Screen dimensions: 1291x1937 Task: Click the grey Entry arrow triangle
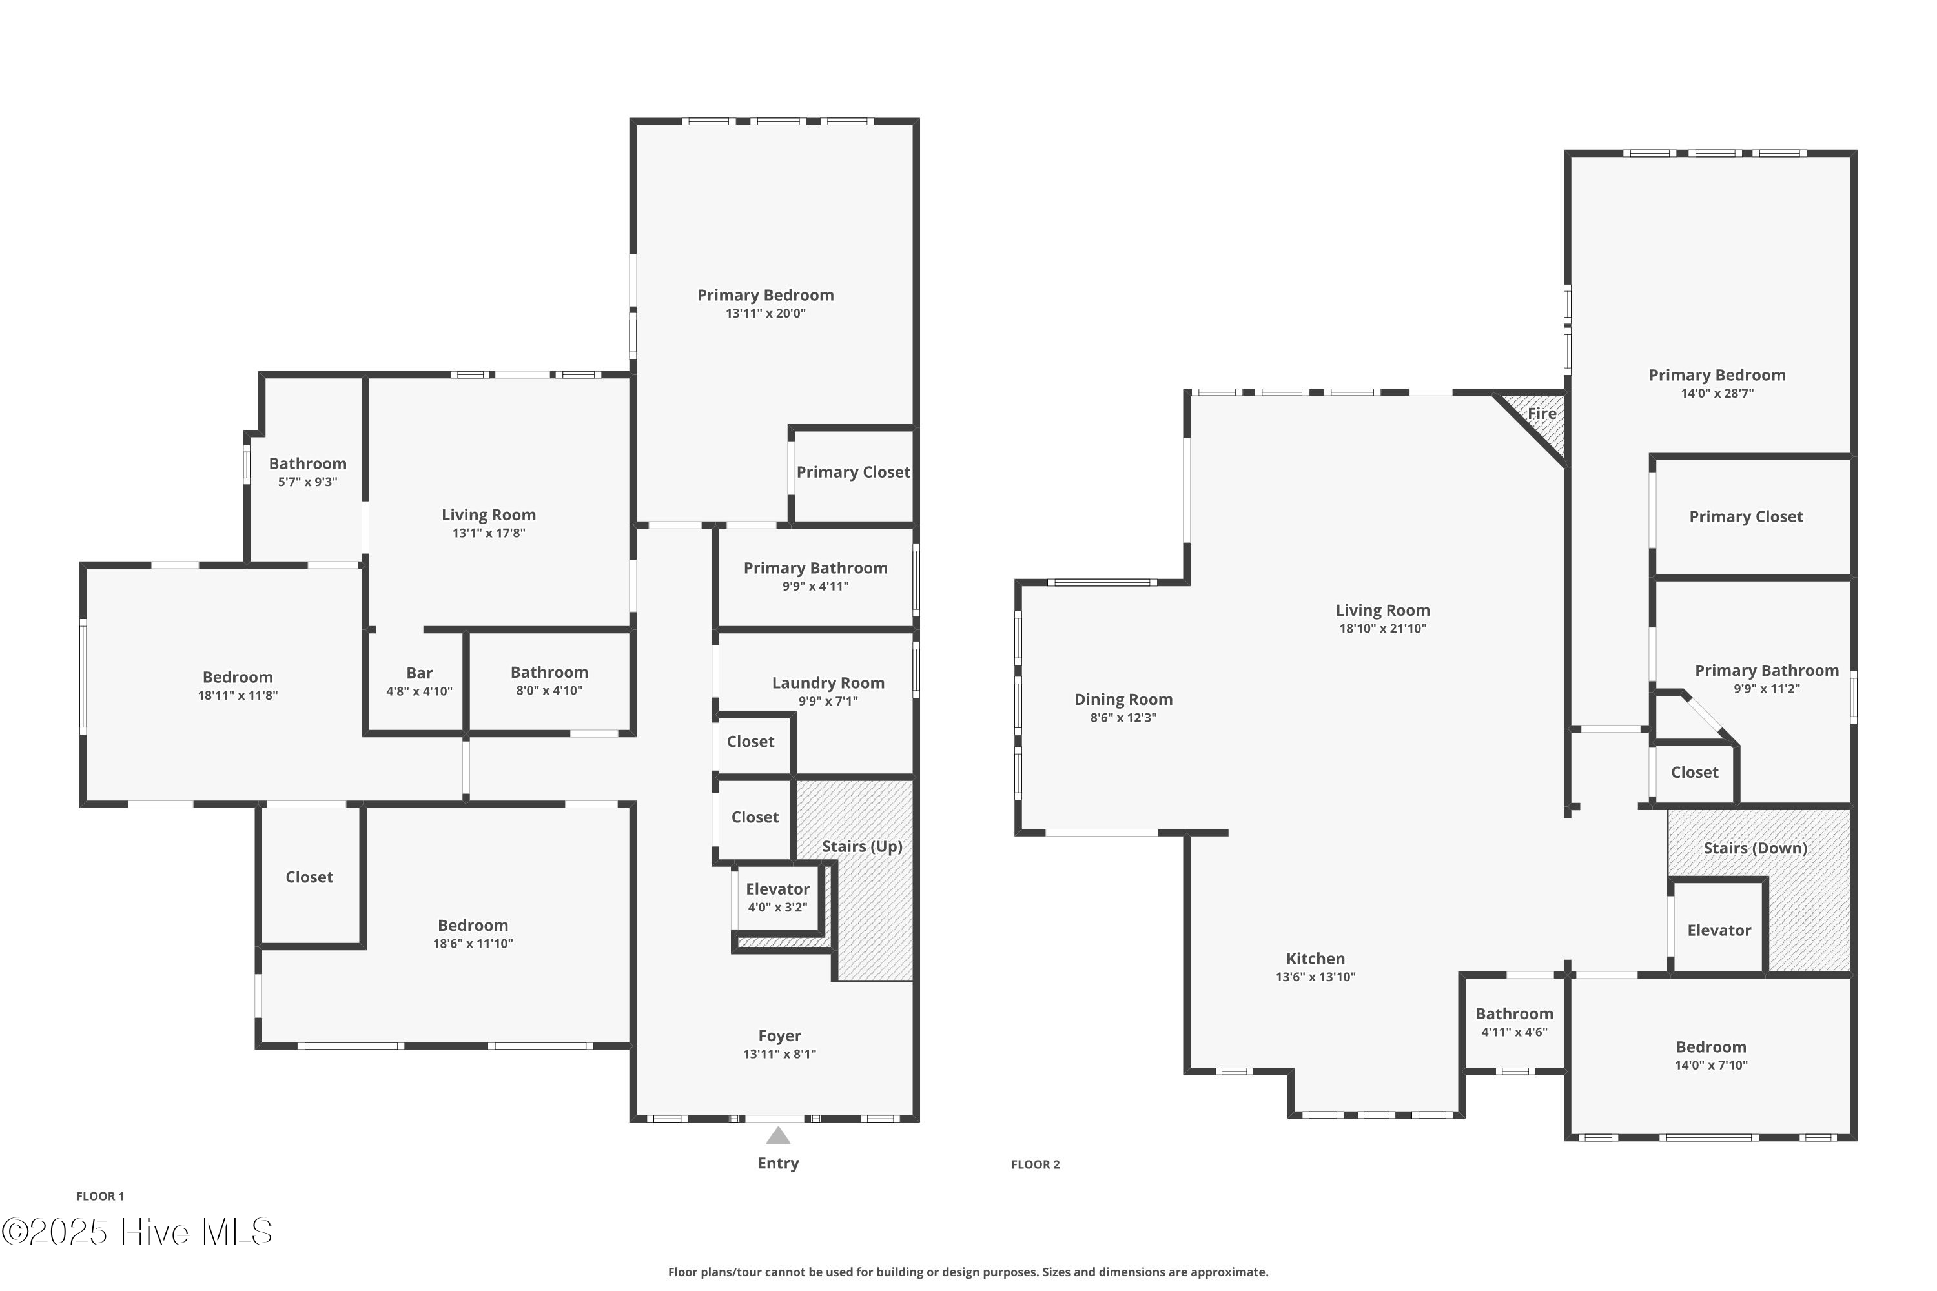click(778, 1137)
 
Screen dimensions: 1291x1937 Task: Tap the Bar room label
click(419, 673)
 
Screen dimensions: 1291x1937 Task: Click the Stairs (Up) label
click(862, 846)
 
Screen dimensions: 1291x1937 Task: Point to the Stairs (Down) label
click(1755, 848)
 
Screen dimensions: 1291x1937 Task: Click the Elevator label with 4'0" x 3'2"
click(777, 889)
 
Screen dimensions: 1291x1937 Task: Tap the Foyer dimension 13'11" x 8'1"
click(779, 1054)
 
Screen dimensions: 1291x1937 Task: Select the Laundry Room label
click(828, 682)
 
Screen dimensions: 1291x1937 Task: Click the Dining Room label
click(1123, 699)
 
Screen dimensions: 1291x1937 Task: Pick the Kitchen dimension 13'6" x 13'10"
click(1315, 977)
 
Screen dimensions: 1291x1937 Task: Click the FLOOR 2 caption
click(1035, 1164)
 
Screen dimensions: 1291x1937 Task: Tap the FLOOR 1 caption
click(101, 1196)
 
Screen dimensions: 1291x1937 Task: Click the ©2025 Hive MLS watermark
click(137, 1232)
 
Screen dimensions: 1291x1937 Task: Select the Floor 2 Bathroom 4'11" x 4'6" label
click(1513, 1014)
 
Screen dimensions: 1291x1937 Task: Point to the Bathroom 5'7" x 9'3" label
click(307, 463)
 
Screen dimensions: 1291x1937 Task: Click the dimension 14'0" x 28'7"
click(1717, 394)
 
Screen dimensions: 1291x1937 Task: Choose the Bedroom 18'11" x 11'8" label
click(237, 676)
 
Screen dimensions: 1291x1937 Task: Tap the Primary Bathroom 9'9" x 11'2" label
click(1767, 670)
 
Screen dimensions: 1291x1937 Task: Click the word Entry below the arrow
click(778, 1163)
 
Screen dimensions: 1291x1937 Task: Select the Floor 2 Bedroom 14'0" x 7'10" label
click(1710, 1047)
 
